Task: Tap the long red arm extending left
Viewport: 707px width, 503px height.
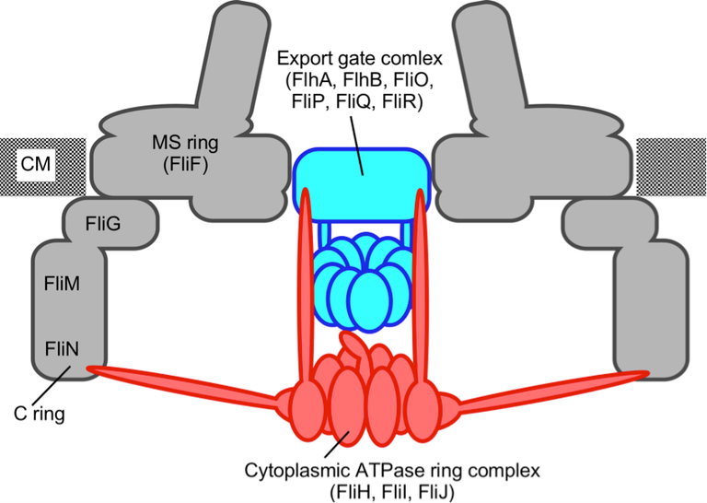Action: click(x=184, y=383)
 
